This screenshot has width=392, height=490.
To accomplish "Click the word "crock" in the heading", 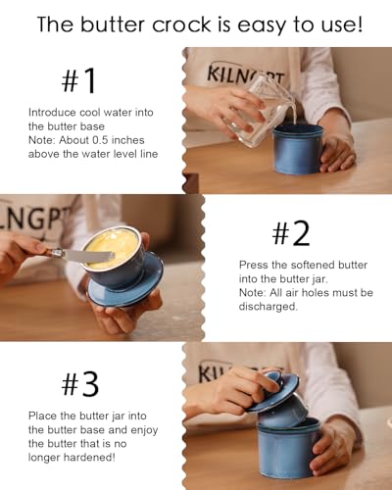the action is point(182,24).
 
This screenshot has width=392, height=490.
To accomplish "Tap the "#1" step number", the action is point(78,80).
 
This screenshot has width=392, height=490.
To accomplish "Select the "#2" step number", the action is point(291,233).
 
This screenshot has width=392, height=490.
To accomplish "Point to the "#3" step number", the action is point(80,384).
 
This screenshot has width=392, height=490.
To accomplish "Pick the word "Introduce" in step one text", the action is point(52,113).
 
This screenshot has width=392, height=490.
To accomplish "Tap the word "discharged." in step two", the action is point(269,307).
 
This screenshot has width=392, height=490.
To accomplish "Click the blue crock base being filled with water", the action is point(298,149).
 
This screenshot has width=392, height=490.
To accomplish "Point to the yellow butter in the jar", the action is point(112,247).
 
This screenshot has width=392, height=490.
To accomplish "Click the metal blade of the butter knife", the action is point(87,256).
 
